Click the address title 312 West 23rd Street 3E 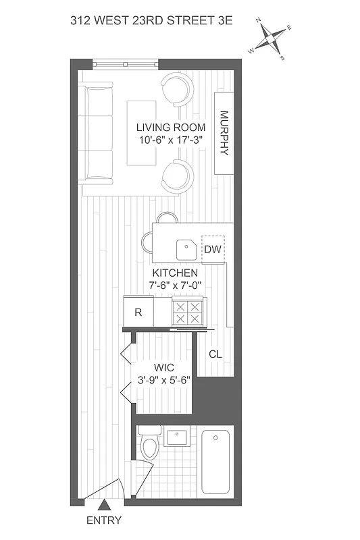click(151, 21)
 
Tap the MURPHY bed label click(224, 133)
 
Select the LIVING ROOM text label click(167, 128)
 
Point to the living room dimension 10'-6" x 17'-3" click(167, 141)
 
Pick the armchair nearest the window click(177, 89)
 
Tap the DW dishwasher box click(213, 248)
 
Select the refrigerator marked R click(138, 313)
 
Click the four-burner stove click(187, 313)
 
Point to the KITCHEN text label click(175, 273)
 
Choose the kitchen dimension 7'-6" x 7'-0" click(175, 286)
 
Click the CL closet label click(215, 354)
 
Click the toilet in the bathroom click(150, 446)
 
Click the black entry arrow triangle click(104, 504)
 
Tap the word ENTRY click(104, 520)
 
